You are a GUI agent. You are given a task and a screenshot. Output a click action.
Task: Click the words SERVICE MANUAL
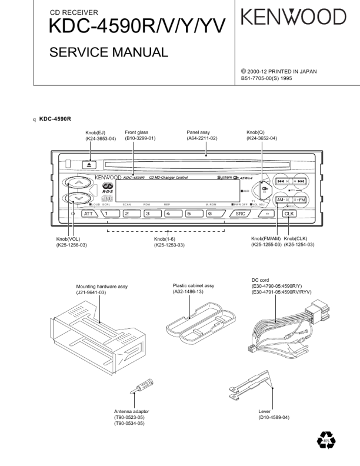pos(109,52)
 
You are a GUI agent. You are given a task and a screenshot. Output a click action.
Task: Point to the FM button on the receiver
pos(299,200)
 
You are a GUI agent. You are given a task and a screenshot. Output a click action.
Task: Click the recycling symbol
pos(325,439)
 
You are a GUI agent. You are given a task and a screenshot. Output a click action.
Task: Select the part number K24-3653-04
pos(100,139)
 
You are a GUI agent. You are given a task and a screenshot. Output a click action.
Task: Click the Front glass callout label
pos(136,132)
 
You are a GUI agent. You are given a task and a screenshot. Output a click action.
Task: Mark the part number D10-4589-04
pos(274,417)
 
